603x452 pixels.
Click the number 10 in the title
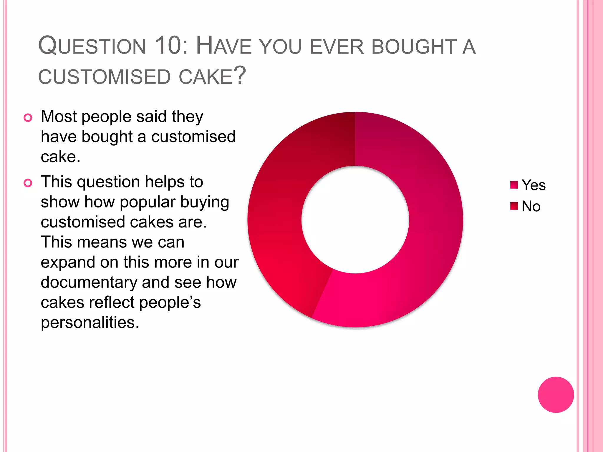pyautogui.click(x=169, y=46)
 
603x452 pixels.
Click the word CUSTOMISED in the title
pyautogui.click(x=105, y=77)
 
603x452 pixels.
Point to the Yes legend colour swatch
pyautogui.click(x=514, y=185)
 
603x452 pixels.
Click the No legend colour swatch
pyautogui.click(x=514, y=206)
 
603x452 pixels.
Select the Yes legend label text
pyautogui.click(x=534, y=185)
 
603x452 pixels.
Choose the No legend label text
pyautogui.click(x=531, y=206)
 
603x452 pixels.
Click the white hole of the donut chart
pyautogui.click(x=355, y=220)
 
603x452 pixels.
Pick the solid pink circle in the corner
pyautogui.click(x=556, y=395)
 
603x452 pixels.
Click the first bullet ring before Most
pyautogui.click(x=28, y=118)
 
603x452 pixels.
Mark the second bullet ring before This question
pyautogui.click(x=28, y=183)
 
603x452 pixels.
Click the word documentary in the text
pyautogui.click(x=89, y=282)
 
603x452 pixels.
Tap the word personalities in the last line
pyautogui.click(x=90, y=323)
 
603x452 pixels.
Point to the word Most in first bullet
pyautogui.click(x=59, y=117)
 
